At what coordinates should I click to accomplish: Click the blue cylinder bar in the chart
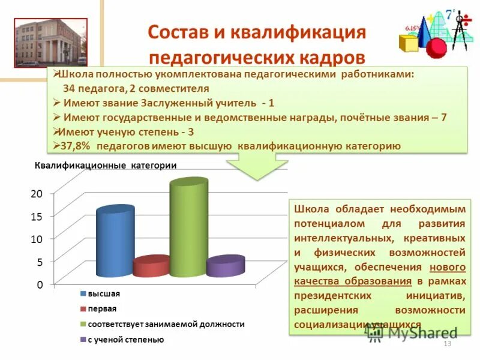coord(115,242)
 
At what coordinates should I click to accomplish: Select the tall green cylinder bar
coord(188,229)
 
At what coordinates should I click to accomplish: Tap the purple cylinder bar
coord(225,266)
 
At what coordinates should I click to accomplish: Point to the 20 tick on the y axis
coord(37,193)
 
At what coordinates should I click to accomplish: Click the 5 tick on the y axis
coord(40,262)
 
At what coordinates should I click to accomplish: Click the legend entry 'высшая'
coord(104,294)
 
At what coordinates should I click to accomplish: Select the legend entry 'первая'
coord(102,309)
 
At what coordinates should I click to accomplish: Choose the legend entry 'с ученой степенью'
coord(125,340)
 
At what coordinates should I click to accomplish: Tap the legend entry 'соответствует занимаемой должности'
coord(166,324)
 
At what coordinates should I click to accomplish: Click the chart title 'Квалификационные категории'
coord(106,166)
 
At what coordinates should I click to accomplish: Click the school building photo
coord(51,43)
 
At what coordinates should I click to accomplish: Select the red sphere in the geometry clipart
coord(436,47)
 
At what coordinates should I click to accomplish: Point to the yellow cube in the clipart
coord(409,43)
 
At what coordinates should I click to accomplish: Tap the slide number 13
coord(446,343)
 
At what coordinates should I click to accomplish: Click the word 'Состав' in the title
coord(174,31)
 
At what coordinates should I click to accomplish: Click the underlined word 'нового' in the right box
coord(448,266)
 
